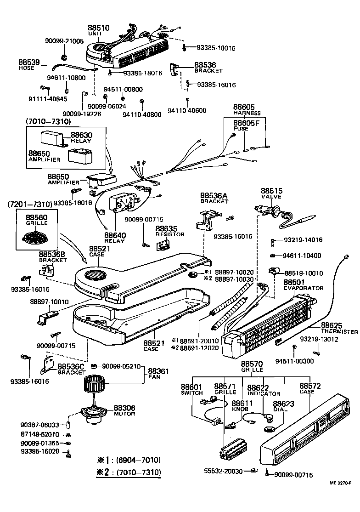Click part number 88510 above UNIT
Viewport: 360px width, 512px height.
pos(98,28)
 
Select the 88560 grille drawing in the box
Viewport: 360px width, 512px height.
pos(36,238)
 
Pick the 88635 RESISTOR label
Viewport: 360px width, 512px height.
pos(169,231)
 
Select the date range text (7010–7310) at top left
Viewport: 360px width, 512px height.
pos(48,122)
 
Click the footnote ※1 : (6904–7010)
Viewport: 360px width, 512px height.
pos(128,460)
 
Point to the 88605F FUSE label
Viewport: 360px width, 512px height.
pos(247,125)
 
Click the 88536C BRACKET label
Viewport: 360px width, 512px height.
pos(71,369)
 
